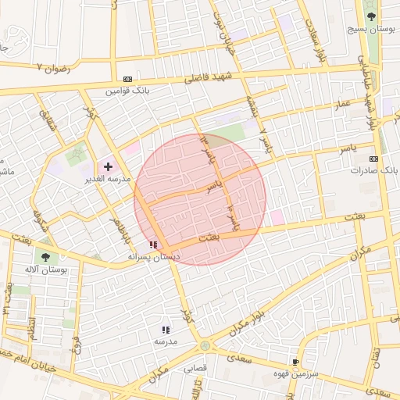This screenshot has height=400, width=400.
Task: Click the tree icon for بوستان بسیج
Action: pos(370,16)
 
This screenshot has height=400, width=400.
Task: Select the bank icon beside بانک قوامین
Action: pos(127,79)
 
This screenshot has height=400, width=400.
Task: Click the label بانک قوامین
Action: pos(127,91)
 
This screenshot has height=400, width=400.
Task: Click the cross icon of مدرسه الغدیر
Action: pos(108,166)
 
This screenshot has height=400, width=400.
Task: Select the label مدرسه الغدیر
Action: pos(107,179)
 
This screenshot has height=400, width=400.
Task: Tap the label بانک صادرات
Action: pos(374,169)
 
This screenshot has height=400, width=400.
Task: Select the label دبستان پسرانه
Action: pos(154,256)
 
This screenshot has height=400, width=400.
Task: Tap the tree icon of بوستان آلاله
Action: pos(45,256)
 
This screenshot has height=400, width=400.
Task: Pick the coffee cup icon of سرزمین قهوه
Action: pos(295,362)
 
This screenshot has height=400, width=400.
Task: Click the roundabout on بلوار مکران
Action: pos(205,345)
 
